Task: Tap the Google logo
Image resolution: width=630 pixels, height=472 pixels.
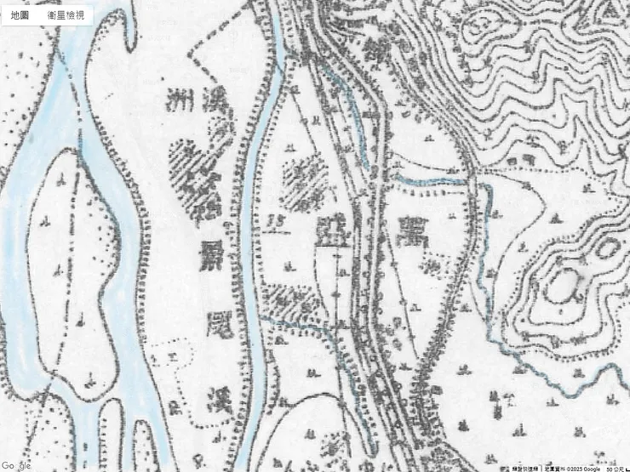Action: [x=17, y=465]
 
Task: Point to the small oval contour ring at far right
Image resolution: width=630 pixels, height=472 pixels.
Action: [x=610, y=249]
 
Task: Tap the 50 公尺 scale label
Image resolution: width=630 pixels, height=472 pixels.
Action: [x=612, y=468]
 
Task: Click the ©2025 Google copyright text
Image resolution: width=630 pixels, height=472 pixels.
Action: [x=579, y=468]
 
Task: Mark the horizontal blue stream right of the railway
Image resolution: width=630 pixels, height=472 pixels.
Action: [x=430, y=179]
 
